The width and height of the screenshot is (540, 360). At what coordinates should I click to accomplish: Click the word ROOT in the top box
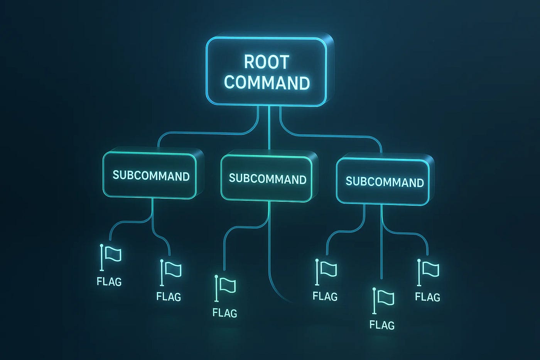point(267,62)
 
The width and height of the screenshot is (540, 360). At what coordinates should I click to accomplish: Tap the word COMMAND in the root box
point(267,83)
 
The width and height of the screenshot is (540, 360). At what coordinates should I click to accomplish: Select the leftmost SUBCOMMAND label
point(151,176)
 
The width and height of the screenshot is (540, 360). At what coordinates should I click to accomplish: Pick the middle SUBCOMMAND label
point(267,179)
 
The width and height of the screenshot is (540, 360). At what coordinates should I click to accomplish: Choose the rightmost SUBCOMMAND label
point(385,182)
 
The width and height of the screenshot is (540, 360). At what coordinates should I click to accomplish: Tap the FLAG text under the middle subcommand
point(225,312)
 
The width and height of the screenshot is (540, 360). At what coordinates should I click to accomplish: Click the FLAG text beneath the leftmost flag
point(109,282)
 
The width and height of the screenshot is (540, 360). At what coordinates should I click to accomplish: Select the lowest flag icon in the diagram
point(383,300)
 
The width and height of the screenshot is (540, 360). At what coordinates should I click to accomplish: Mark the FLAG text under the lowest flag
point(382,325)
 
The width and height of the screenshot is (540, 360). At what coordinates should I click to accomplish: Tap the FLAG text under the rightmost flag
point(427,297)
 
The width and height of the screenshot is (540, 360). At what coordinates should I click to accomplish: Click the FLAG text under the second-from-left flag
point(169,296)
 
